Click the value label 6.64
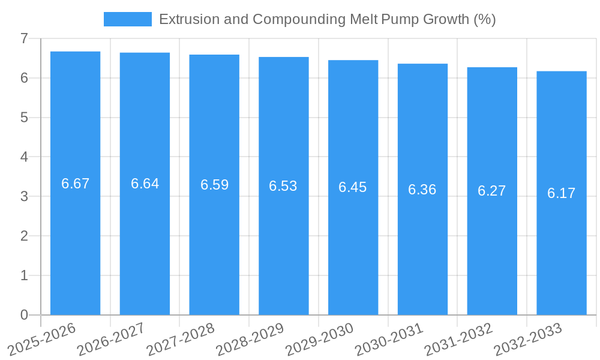(145, 184)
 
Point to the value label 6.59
(214, 185)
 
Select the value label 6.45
(352, 187)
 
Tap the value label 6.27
(491, 191)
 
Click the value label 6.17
(561, 193)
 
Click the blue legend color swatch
(127, 19)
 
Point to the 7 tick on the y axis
(24, 38)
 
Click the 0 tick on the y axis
(24, 315)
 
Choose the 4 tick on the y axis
(24, 157)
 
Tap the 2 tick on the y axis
(24, 236)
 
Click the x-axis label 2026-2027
(111, 339)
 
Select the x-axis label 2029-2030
(319, 339)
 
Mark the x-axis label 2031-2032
(458, 339)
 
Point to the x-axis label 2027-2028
(181, 339)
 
